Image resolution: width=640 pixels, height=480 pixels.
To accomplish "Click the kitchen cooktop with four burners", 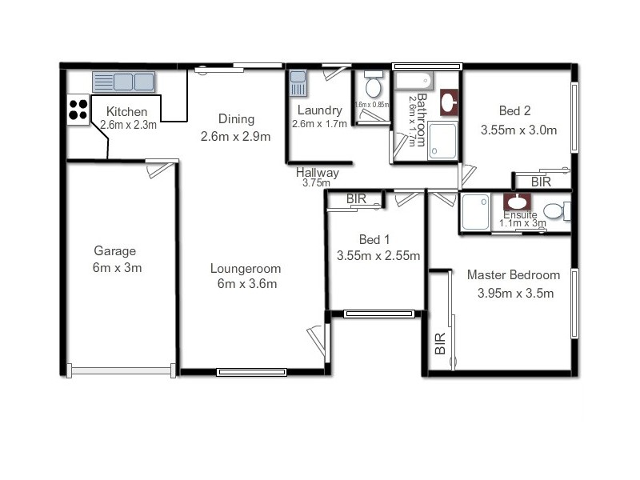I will coord(78,109).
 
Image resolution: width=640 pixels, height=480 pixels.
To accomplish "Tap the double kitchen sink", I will coord(123,82).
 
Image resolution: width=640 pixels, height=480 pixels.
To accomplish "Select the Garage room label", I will coord(114,250).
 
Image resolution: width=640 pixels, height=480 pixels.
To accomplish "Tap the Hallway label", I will coord(317,172).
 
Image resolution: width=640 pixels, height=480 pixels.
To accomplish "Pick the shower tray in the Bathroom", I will coord(442,141).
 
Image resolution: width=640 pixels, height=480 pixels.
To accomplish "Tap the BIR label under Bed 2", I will coord(542,182).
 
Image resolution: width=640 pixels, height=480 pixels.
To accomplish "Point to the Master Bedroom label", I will coord(514,275).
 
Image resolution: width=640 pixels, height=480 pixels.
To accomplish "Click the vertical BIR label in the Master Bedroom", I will coord(439,343).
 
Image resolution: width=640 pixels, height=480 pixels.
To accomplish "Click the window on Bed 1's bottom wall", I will coord(379,314).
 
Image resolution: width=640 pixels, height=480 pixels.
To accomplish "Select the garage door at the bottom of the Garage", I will coord(121,370).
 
